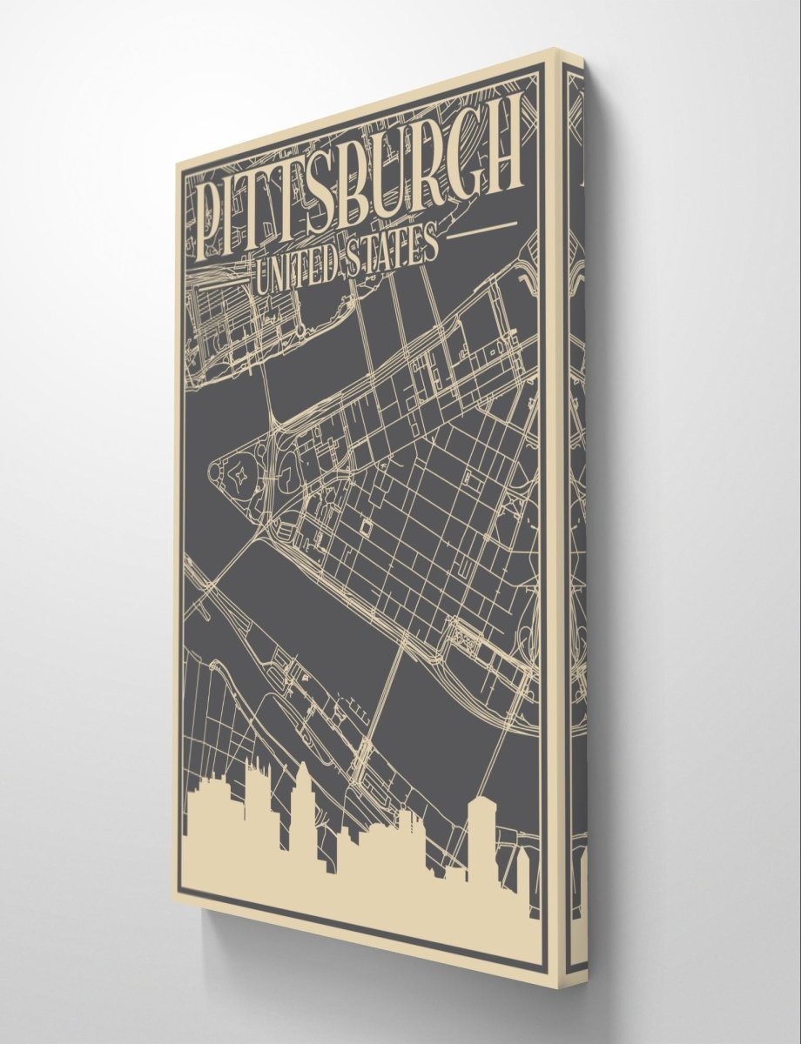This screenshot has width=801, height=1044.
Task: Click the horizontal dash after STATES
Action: [x=482, y=229]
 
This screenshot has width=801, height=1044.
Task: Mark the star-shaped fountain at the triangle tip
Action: [x=236, y=475]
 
